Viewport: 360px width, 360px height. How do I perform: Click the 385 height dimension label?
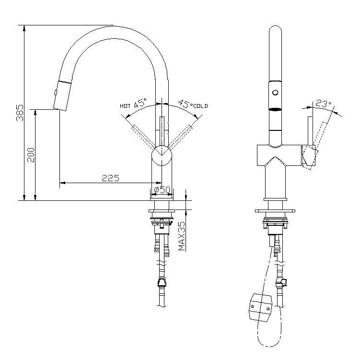pos(20,113)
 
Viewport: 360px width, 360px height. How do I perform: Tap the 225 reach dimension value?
pos(110,178)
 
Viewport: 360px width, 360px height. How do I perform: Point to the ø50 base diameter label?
pos(162,190)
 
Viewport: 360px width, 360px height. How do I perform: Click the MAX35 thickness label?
pos(182,236)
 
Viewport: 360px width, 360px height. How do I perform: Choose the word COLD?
pos(200,105)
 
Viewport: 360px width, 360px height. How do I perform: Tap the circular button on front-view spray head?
pos(275,93)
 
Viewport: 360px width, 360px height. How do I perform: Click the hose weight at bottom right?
pos(260,307)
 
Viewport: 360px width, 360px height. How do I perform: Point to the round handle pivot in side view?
pos(162,157)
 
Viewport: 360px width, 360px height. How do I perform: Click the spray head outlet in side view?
pos(59,109)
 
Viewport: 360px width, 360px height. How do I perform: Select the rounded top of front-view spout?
pos(275,31)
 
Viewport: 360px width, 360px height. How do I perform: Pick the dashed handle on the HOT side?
pos(142,136)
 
